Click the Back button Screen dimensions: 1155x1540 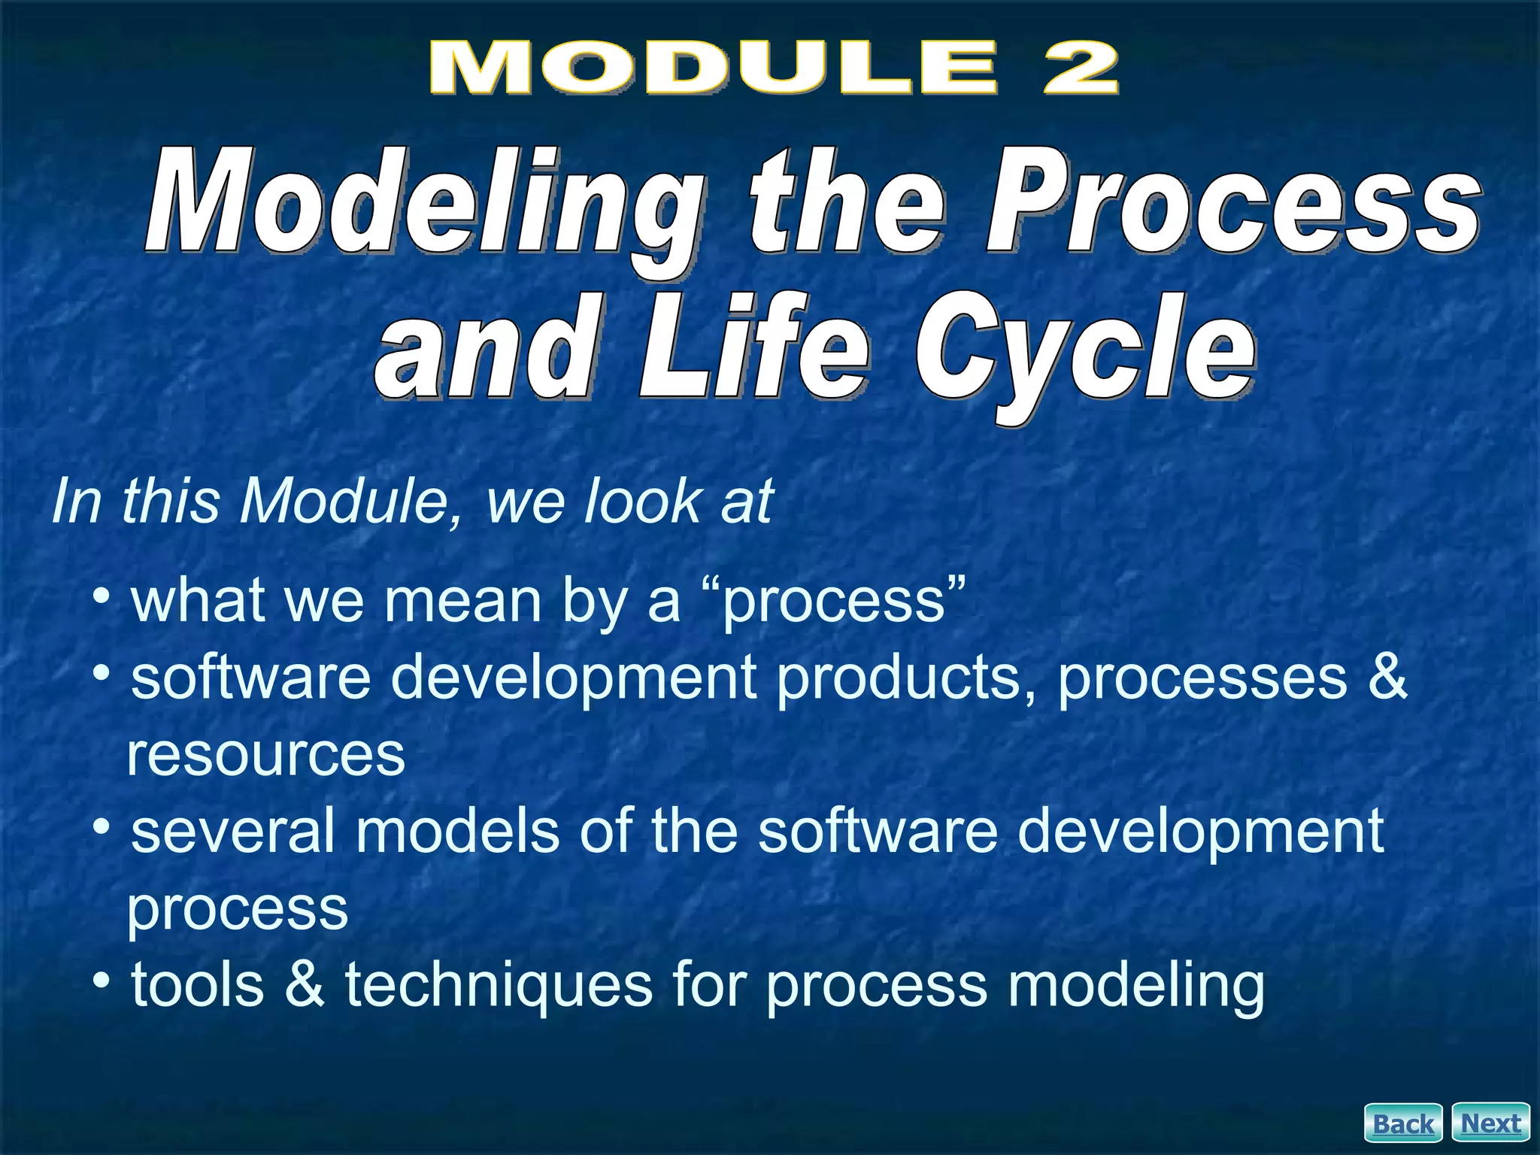click(1403, 1123)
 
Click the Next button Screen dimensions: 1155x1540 click(1490, 1123)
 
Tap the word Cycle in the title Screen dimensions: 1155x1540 click(1083, 353)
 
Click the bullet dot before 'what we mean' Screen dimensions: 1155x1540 click(102, 596)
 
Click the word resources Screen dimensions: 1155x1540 click(265, 756)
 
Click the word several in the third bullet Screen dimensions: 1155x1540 click(233, 832)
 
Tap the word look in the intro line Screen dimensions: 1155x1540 click(643, 502)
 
